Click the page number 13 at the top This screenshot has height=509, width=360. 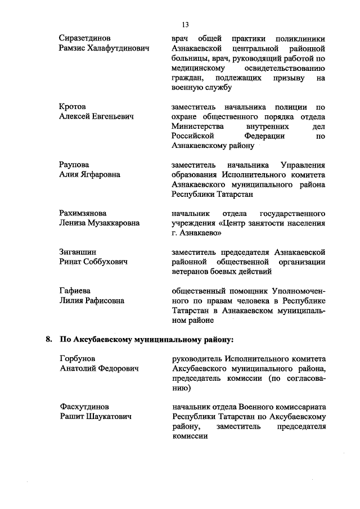tap(185, 25)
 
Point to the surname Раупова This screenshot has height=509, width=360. tap(74, 164)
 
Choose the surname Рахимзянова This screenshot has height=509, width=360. tap(83, 213)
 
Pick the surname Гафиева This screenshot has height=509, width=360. tap(75, 291)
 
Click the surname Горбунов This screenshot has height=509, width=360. tap(77, 358)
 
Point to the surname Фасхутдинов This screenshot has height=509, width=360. tap(84, 407)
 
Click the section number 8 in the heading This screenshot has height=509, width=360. tap(48, 339)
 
